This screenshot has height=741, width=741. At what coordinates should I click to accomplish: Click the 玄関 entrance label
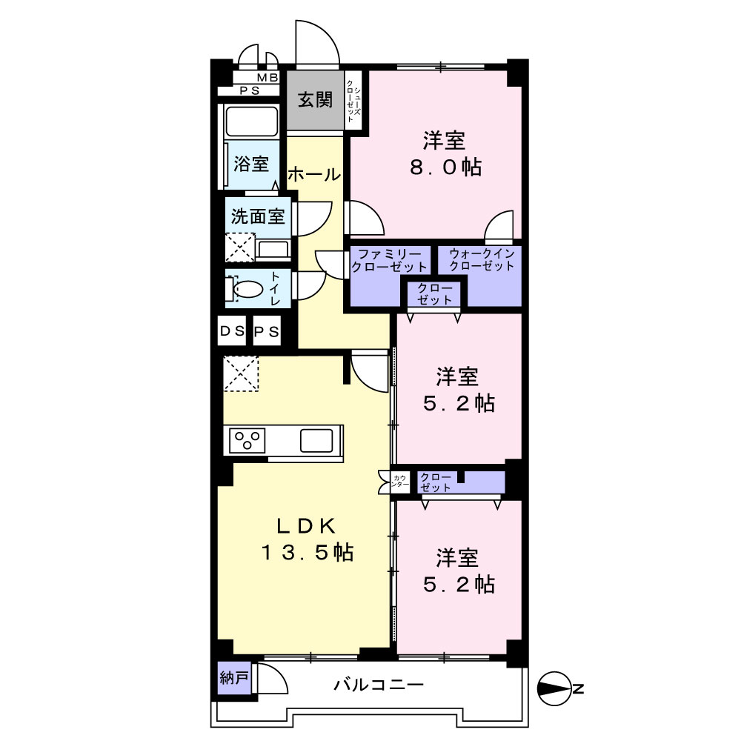(315, 100)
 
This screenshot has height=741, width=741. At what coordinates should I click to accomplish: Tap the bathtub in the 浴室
(251, 122)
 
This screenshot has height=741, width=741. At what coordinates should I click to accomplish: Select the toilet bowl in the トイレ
(247, 289)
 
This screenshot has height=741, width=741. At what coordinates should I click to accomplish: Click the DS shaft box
(232, 331)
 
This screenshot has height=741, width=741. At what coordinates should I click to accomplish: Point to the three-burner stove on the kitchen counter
(247, 440)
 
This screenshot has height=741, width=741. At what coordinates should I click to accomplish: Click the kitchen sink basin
(316, 440)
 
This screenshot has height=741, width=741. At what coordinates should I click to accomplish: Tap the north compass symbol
(556, 689)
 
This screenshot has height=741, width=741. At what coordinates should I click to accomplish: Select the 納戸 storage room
(234, 678)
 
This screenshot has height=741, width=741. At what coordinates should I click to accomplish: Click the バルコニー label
(379, 684)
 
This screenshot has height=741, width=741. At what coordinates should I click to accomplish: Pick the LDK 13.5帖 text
(308, 539)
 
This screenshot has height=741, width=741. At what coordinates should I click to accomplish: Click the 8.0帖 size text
(445, 167)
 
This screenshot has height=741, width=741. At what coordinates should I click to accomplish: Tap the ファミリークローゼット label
(390, 260)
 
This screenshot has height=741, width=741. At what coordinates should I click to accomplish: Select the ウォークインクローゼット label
(482, 259)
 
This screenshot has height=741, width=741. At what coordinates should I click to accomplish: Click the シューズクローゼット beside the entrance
(353, 101)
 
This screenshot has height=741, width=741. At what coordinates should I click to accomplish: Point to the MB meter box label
(268, 78)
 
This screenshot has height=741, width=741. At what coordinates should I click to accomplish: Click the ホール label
(314, 175)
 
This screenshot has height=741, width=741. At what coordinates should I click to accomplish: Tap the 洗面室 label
(258, 216)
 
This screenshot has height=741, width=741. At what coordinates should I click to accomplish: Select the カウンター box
(400, 482)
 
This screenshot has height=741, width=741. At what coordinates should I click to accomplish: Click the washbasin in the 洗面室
(272, 249)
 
